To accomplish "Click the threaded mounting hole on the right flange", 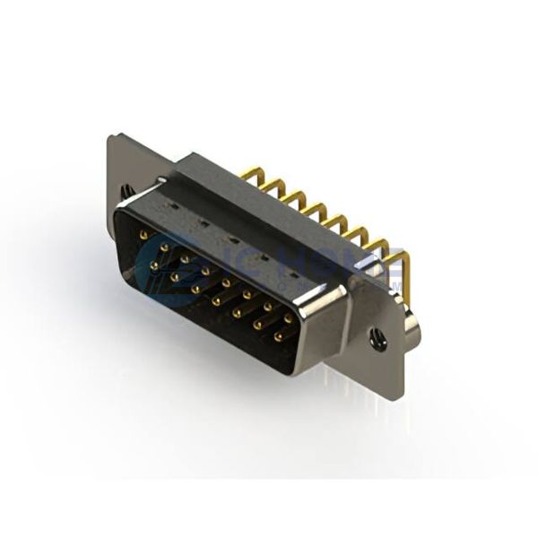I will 376,337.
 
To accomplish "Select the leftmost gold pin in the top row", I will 143,235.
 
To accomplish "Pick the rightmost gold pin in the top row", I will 288,318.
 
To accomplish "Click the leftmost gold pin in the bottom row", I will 154,266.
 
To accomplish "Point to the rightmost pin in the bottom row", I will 279,338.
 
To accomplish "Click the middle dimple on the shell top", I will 232,239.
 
